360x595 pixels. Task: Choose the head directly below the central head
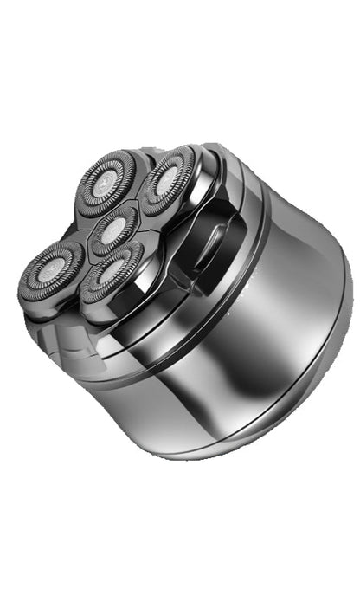[x=113, y=275]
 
